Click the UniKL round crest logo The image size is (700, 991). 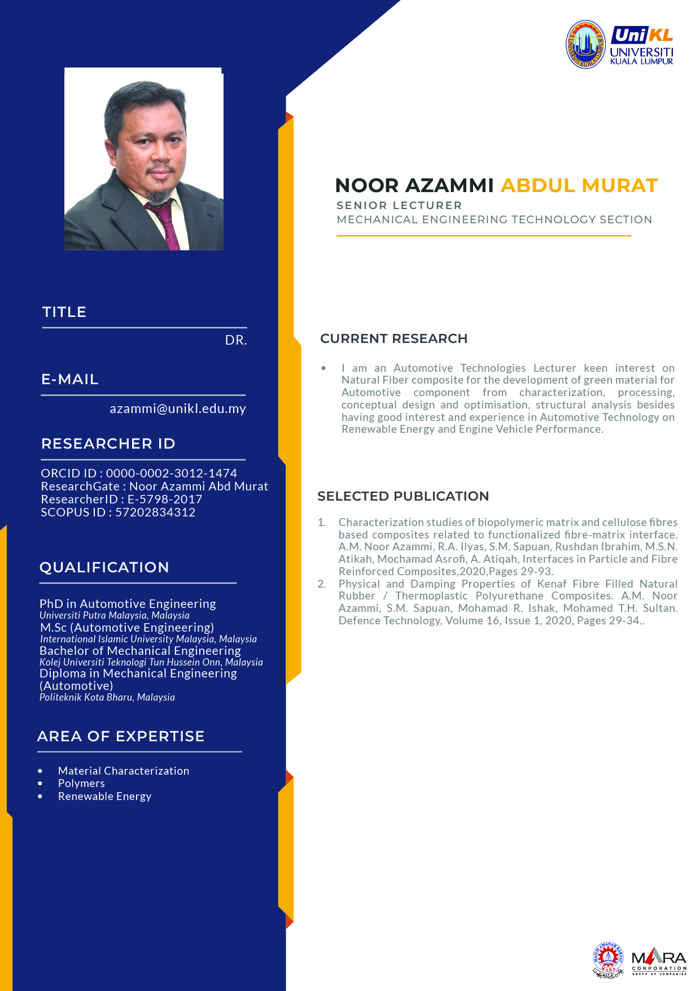[586, 45]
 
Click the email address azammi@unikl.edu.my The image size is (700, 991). [178, 408]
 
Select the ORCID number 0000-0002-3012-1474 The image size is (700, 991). [172, 473]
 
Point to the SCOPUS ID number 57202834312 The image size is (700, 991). [155, 512]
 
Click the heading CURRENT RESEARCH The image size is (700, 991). [393, 338]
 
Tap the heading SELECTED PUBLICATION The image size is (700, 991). [403, 496]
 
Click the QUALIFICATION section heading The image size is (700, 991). [104, 567]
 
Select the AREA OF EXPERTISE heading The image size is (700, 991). [121, 736]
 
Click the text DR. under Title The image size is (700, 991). [236, 340]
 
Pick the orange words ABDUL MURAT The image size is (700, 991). [579, 185]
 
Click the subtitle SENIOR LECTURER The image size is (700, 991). [399, 205]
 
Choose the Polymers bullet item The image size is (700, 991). [81, 783]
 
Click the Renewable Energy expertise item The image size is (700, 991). [104, 796]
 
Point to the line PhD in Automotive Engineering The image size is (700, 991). [128, 603]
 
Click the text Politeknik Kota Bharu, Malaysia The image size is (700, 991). [107, 697]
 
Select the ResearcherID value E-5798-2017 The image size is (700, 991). [165, 499]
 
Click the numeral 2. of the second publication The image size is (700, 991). [322, 584]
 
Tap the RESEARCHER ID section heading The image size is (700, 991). [108, 444]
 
